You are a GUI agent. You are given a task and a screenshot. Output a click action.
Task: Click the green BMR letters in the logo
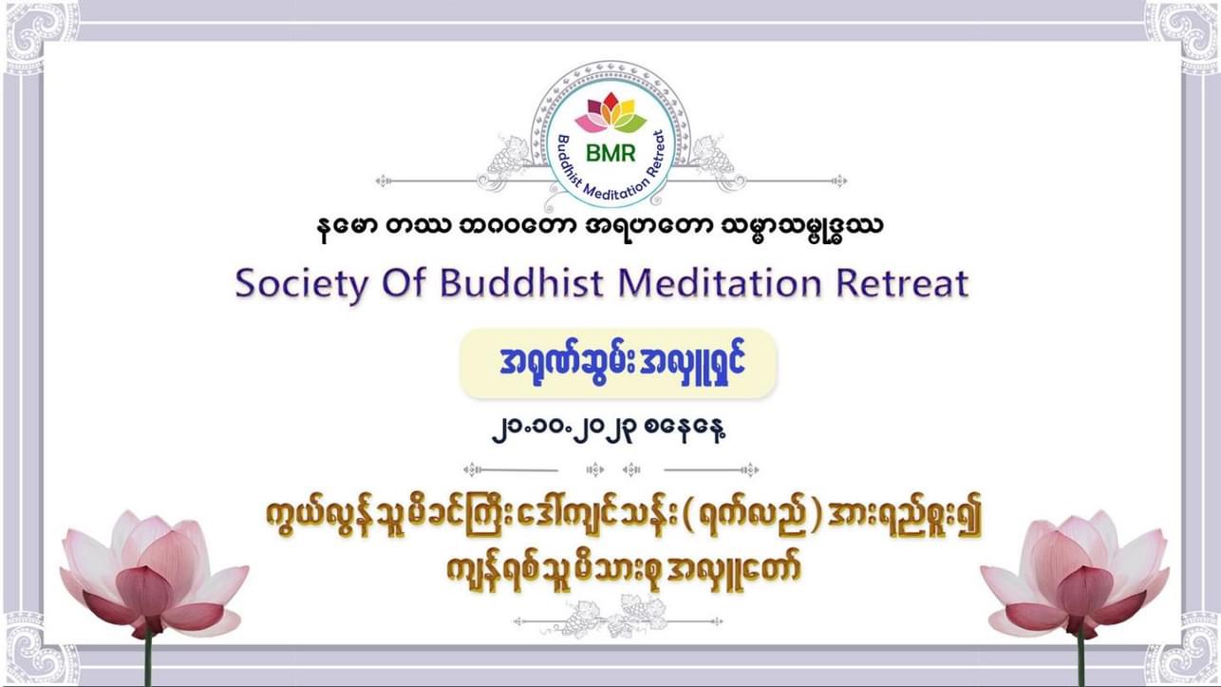(x=610, y=153)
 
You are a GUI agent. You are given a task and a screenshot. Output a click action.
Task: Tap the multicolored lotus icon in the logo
(x=610, y=113)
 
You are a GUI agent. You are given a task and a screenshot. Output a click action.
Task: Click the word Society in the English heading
(x=301, y=284)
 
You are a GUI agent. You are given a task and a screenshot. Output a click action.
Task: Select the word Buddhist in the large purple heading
(x=521, y=282)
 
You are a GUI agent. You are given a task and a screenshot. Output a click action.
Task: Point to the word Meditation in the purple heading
(x=720, y=282)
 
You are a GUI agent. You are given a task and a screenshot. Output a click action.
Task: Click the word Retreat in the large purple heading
(x=902, y=282)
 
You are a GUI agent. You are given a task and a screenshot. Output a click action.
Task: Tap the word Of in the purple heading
(x=404, y=282)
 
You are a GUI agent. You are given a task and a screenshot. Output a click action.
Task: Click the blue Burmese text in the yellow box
(x=622, y=363)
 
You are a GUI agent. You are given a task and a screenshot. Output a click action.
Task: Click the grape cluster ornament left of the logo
(x=510, y=159)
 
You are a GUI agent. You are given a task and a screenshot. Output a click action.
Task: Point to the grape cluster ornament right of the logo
(x=713, y=159)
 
